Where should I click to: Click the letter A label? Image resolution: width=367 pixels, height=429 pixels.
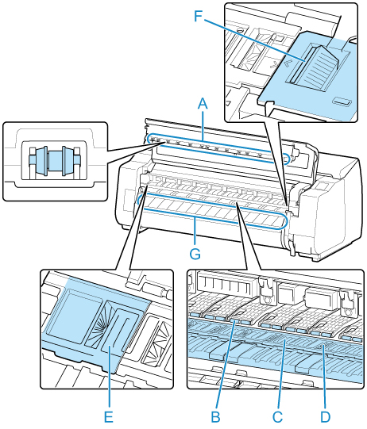pyautogui.click(x=203, y=104)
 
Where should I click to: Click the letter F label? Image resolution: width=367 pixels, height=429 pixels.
pyautogui.click(x=198, y=16)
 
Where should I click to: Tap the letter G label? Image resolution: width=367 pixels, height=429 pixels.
pyautogui.click(x=195, y=253)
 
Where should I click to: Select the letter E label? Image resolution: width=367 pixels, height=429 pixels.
pyautogui.click(x=109, y=417)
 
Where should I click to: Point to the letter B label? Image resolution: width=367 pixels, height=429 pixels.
pyautogui.click(x=216, y=417)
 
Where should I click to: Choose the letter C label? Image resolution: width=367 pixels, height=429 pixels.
pyautogui.click(x=277, y=417)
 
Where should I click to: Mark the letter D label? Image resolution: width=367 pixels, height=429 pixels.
pyautogui.click(x=326, y=417)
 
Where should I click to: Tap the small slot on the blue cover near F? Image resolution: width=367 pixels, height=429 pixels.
pyautogui.click(x=342, y=102)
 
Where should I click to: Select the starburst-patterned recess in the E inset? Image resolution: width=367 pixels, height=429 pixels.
pyautogui.click(x=96, y=324)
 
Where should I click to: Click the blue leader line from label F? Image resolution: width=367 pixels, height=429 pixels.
pyautogui.click(x=254, y=37)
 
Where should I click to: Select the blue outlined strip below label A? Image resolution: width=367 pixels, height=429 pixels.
pyautogui.click(x=218, y=150)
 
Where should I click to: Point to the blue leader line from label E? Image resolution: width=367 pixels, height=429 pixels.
pyautogui.click(x=109, y=377)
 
